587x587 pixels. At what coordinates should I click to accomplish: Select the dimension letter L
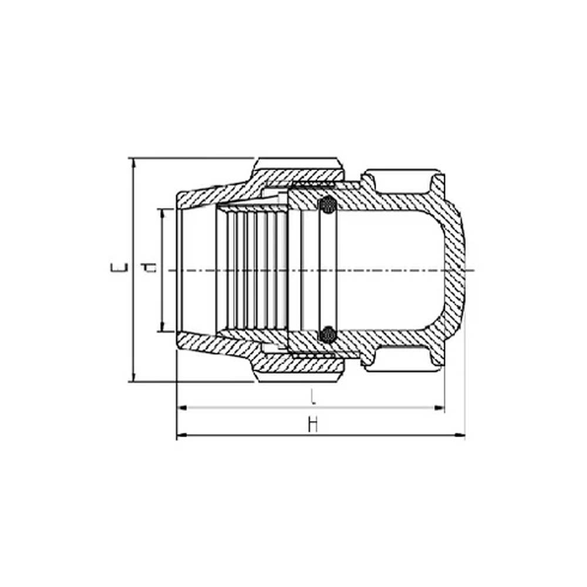[x=313, y=397]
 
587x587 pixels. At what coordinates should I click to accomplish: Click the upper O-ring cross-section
[x=327, y=205]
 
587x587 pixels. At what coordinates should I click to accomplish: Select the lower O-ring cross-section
[x=327, y=335]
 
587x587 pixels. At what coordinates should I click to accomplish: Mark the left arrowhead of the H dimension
[x=181, y=436]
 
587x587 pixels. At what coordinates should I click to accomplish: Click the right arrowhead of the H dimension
[x=461, y=436]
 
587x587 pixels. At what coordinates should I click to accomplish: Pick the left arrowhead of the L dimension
[x=181, y=407]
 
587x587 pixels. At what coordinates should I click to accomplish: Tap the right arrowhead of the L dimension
[x=440, y=407]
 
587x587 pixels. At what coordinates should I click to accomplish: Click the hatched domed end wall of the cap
[x=455, y=270]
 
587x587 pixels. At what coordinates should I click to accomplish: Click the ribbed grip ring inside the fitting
[x=252, y=270]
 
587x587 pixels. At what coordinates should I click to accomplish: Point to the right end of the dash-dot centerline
[x=473, y=270]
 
